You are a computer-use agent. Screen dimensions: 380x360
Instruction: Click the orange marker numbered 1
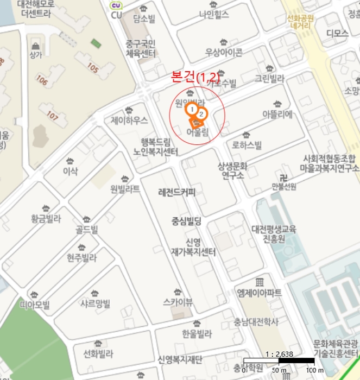pos(192,110)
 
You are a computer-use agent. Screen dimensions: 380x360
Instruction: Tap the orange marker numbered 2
pos(201,114)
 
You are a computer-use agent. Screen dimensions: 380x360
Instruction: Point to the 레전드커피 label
pos(176,193)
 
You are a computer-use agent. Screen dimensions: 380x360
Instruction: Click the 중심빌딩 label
pos(186,221)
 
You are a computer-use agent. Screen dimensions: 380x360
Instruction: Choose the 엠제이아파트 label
pos(260,293)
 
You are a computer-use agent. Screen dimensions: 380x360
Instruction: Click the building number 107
pos(52,115)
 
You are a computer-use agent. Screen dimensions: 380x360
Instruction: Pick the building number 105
pos(93,69)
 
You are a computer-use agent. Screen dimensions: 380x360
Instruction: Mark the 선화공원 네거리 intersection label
pos(301,21)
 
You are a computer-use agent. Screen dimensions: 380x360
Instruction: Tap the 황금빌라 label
pos(46,219)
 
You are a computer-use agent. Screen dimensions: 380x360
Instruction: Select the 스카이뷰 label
pos(178,302)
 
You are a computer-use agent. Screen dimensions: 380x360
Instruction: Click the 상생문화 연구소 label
pos(232,170)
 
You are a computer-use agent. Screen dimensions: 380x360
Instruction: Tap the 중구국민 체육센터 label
pos(141,48)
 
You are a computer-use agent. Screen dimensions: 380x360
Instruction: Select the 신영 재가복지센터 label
pos(193,247)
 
